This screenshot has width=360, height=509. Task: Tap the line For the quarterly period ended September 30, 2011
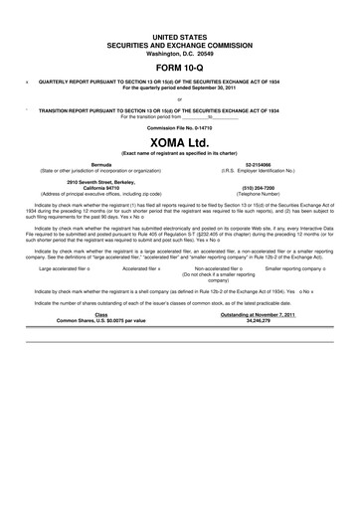pos(179,87)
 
